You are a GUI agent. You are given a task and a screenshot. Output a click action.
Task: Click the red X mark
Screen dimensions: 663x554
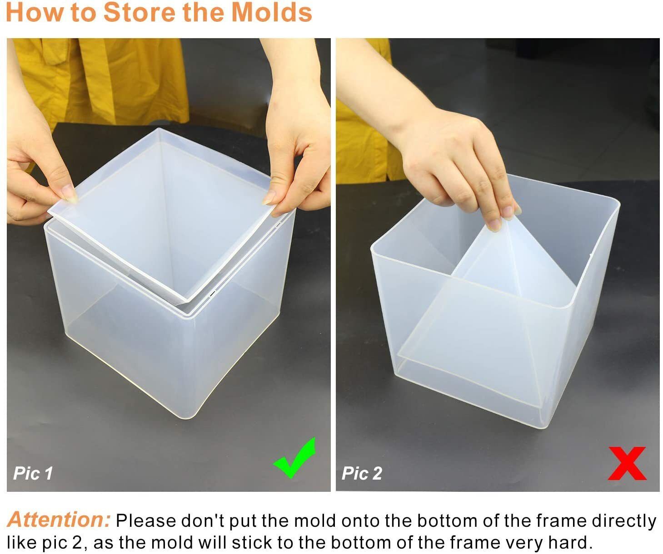point(627,463)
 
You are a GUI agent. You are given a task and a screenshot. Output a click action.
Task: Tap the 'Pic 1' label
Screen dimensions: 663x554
point(33,473)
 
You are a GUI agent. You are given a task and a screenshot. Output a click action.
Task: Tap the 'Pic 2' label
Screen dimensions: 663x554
point(362,473)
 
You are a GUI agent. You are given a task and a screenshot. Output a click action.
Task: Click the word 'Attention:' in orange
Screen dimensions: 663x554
point(59,520)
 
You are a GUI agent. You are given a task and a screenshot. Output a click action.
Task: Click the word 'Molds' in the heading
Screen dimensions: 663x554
point(272,13)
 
